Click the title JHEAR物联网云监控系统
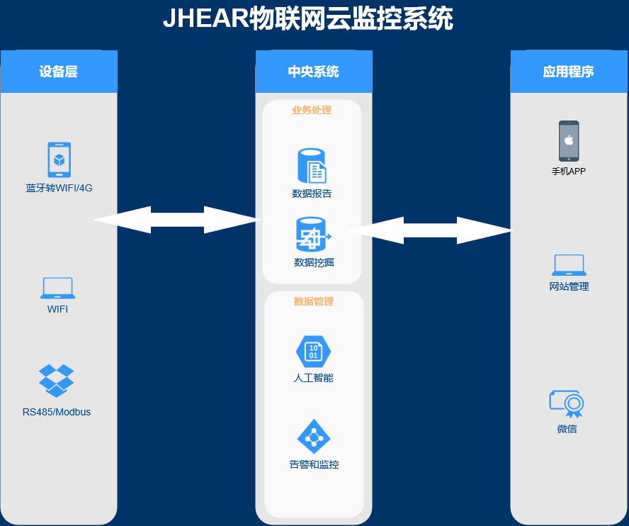pos(307,19)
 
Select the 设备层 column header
pos(59,72)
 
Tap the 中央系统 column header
pos(313,72)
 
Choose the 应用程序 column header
pos(568,72)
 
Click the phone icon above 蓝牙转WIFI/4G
pos(59,160)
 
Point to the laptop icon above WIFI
pos(58,288)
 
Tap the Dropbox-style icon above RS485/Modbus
pos(57,380)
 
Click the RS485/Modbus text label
pos(57,412)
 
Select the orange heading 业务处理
pos(312,110)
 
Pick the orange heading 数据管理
pos(314,301)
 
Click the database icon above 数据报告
pos(312,166)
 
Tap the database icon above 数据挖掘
pos(312,235)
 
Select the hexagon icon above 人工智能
pos(313,351)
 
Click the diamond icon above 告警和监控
pos(313,437)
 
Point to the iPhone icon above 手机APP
pos(569,141)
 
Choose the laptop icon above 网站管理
pos(569,265)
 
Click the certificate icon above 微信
pos(567,403)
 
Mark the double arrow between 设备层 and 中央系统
pos(178,220)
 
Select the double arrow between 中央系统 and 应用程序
pos(429,230)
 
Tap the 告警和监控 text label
pos(314,465)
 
